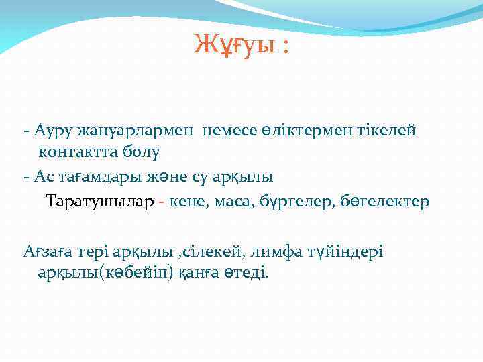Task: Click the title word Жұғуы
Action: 232,45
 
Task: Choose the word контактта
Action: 78,152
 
